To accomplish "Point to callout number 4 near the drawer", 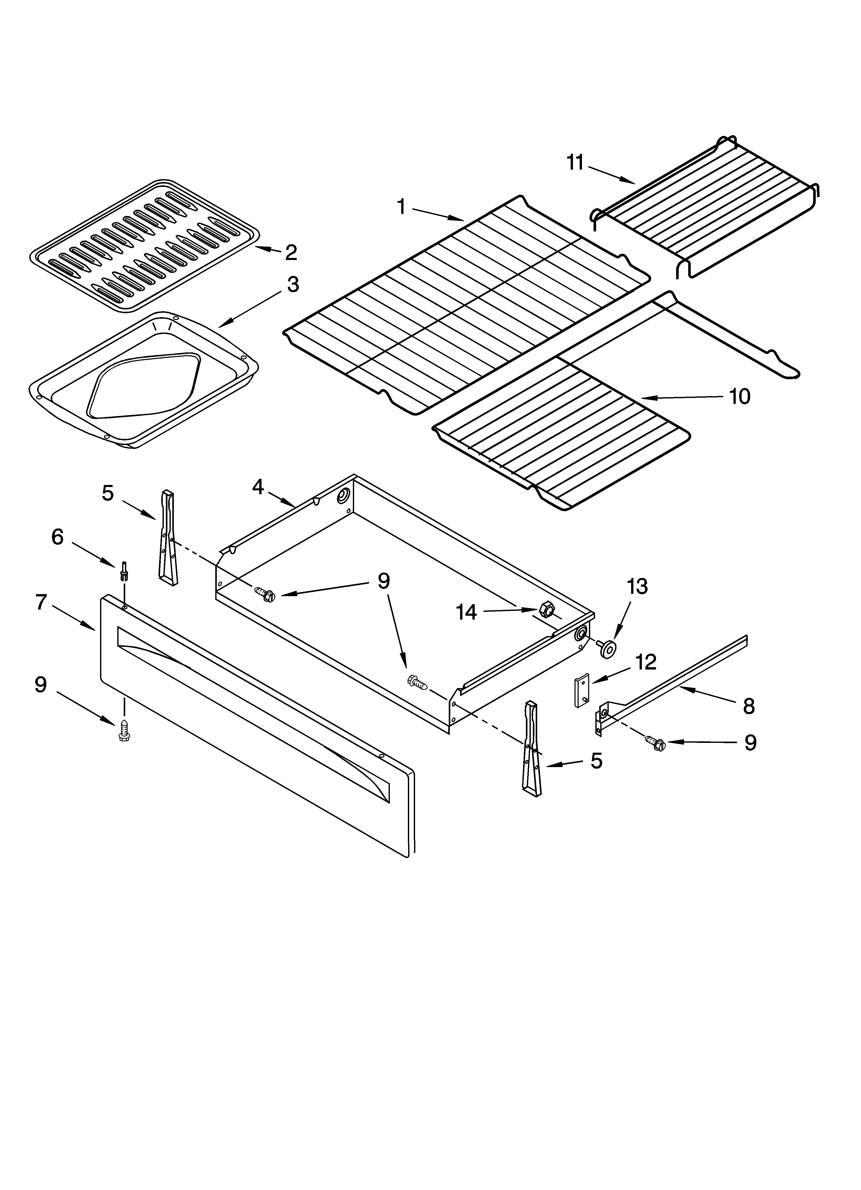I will click(x=257, y=487).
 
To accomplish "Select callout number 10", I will click(x=739, y=397).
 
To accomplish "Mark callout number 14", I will click(x=466, y=612).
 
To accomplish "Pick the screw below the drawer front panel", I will click(x=124, y=731).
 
